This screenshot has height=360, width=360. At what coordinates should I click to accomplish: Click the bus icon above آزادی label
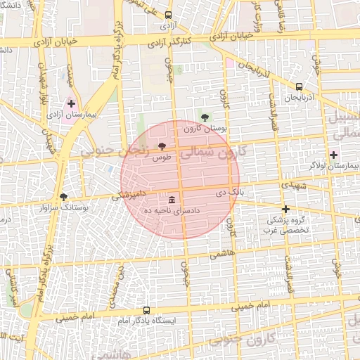pyautogui.click(x=167, y=15)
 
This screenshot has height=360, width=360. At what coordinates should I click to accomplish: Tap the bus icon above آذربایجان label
pyautogui.click(x=300, y=87)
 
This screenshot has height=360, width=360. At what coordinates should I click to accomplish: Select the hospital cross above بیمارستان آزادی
pyautogui.click(x=71, y=103)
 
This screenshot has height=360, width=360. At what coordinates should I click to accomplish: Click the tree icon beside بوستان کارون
pyautogui.click(x=205, y=117)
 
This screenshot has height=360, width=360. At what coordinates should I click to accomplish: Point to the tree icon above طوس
pyautogui.click(x=162, y=146)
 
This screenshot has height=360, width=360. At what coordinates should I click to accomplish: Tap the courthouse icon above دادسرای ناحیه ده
pyautogui.click(x=173, y=199)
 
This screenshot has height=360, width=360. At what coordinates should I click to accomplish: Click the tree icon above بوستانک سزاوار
pyautogui.click(x=64, y=197)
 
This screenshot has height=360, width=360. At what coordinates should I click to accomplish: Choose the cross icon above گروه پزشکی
pyautogui.click(x=285, y=209)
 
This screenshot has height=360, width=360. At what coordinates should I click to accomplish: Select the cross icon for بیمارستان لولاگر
pyautogui.click(x=333, y=154)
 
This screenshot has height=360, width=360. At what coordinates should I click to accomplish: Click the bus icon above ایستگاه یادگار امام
pyautogui.click(x=146, y=310)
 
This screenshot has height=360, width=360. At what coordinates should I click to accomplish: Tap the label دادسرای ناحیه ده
pyautogui.click(x=173, y=210)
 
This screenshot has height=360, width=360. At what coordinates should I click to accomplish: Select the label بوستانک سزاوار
pyautogui.click(x=64, y=208)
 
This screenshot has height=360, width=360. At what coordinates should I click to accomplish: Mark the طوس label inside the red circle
pyautogui.click(x=162, y=157)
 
